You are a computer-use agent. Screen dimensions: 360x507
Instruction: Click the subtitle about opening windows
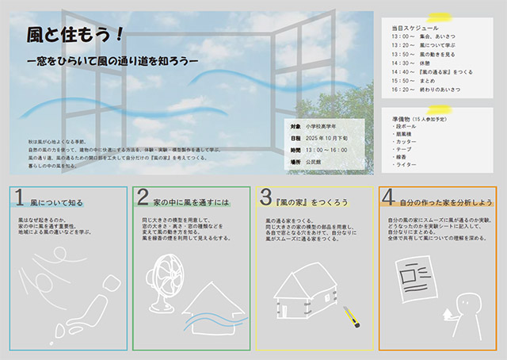click(x=111, y=59)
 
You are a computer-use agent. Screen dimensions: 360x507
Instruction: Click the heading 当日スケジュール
click(x=410, y=27)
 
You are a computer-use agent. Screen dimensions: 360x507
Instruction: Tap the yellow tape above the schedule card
click(x=439, y=17)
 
